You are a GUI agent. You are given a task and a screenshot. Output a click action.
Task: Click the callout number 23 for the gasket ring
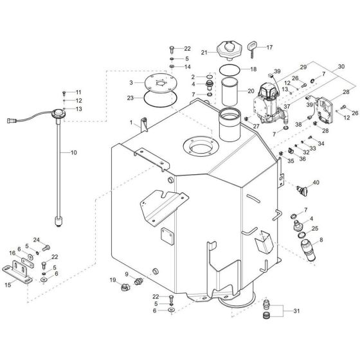coord(131,98)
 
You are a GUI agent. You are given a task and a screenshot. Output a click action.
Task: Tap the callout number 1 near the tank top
coord(131,122)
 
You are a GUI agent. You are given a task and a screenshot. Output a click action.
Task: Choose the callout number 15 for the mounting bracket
coord(8,285)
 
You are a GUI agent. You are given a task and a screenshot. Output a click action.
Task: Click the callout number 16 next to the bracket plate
coord(12,254)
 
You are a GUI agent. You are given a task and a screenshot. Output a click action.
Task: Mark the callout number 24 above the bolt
coord(36,240)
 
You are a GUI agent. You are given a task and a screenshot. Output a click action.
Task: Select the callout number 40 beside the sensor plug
coord(316,183)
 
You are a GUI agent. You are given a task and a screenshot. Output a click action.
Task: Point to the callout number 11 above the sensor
coord(79,92)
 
